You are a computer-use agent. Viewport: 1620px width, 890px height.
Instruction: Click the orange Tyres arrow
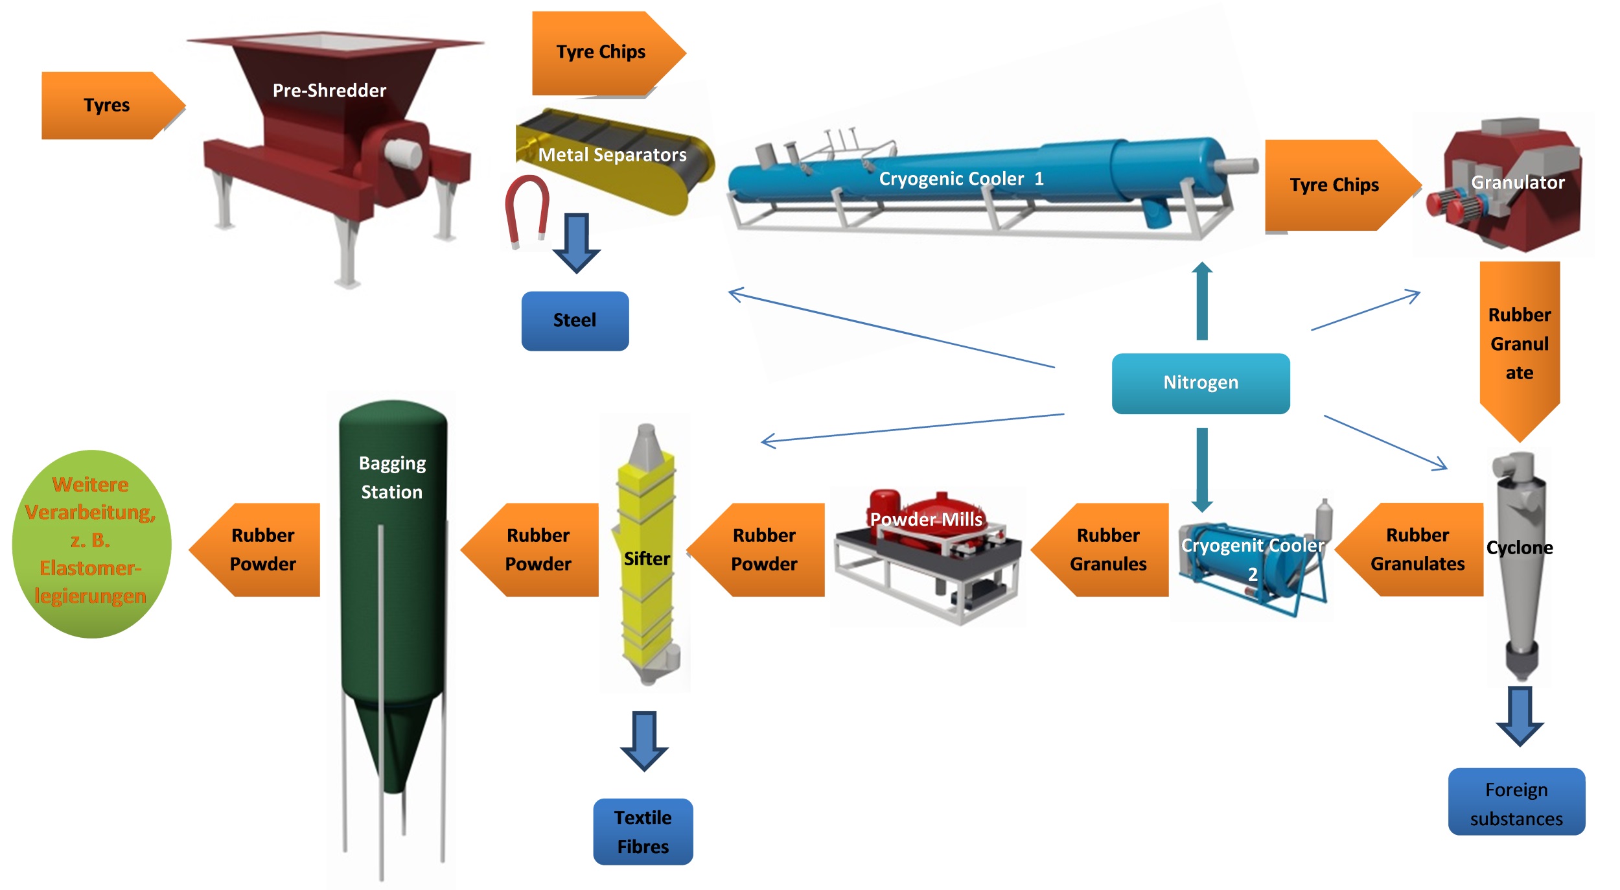pos(107,105)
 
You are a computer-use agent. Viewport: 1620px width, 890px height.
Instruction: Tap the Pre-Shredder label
pos(329,90)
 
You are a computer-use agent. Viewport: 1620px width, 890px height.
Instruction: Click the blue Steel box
pos(575,320)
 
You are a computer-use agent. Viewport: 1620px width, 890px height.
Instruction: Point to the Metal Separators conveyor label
pos(612,155)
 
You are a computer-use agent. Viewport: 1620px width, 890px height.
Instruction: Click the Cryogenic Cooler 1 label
pos(961,179)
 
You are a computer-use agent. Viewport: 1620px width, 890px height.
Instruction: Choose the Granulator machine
pos(1510,185)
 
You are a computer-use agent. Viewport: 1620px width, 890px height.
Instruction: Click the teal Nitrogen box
pos(1201,382)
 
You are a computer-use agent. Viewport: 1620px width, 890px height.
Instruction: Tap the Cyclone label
pos(1520,548)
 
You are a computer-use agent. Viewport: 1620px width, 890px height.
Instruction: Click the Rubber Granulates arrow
pos(1416,550)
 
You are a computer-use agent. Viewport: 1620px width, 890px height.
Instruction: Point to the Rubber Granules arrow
pos(1107,550)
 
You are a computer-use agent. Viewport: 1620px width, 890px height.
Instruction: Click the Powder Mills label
pos(926,519)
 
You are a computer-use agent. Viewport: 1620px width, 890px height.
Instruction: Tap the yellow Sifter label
pos(646,559)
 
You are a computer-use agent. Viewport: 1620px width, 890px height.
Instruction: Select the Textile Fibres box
pos(643,832)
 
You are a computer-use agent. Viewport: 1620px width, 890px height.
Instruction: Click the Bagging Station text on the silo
pos(392,478)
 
